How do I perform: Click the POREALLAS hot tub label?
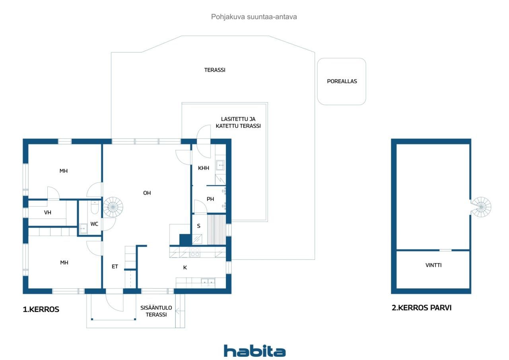(x=342, y=81)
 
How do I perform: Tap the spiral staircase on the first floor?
(x=113, y=207)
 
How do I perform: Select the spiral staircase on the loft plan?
(x=482, y=207)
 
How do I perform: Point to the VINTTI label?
(x=433, y=265)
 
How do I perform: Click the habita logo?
(x=254, y=351)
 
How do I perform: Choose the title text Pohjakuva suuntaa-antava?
(x=254, y=17)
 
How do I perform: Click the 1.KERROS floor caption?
(x=41, y=309)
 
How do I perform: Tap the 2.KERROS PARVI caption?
(x=422, y=307)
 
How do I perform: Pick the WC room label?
(x=94, y=224)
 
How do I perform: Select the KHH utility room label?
(x=204, y=168)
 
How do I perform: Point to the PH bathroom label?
(x=210, y=199)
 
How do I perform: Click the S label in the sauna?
(x=199, y=226)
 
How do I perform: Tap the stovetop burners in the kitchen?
(x=195, y=252)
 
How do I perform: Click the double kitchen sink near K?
(x=208, y=282)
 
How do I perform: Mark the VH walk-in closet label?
(x=48, y=212)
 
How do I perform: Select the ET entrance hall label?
(x=115, y=267)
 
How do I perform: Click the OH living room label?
(x=147, y=193)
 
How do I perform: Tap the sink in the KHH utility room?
(x=220, y=164)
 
